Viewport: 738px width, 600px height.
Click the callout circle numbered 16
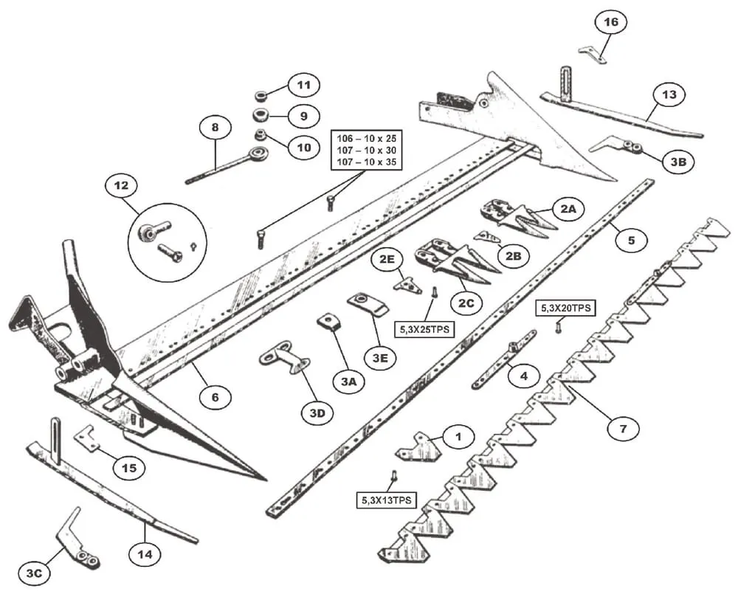[610, 23]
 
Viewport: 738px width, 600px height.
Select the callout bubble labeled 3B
[677, 162]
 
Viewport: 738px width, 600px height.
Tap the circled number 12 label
[121, 185]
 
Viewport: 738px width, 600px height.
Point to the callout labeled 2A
[568, 208]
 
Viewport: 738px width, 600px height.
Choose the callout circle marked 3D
[317, 413]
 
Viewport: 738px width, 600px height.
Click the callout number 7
[623, 429]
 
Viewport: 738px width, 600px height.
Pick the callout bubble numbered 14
[145, 554]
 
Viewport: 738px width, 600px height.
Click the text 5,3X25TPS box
[424, 329]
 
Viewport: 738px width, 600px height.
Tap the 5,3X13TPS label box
[387, 500]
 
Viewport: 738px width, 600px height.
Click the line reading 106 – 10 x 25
[367, 139]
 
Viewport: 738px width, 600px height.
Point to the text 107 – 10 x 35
[367, 162]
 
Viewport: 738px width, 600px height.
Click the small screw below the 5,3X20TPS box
[558, 326]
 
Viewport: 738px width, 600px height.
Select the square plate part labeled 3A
[329, 322]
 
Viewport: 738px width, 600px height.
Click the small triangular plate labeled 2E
[407, 286]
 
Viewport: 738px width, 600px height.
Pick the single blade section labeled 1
[418, 446]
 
